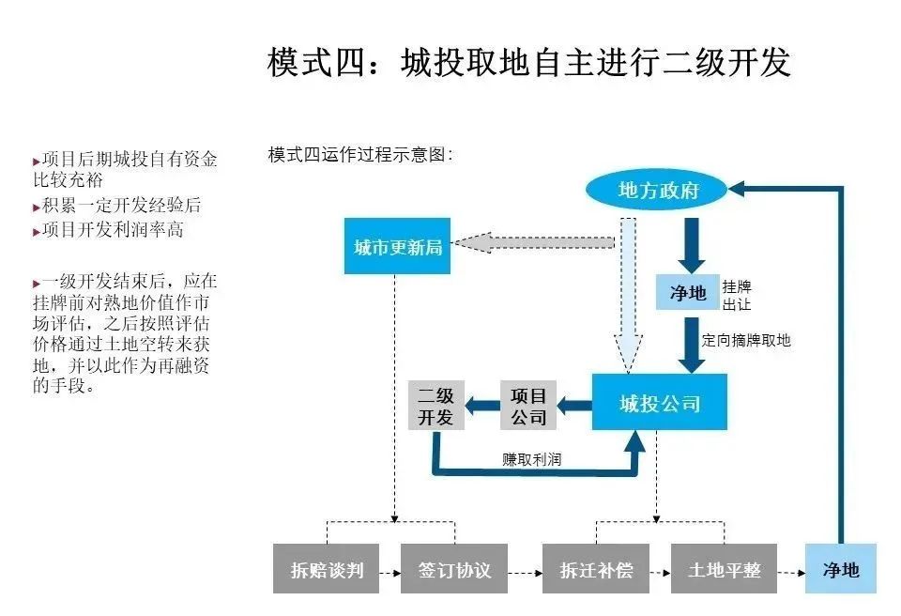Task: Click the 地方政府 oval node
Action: [x=659, y=191]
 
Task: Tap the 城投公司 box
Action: [x=660, y=404]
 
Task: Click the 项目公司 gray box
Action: [x=528, y=406]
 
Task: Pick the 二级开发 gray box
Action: [x=436, y=406]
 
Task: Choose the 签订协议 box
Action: [x=453, y=569]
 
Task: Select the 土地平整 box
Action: [x=724, y=569]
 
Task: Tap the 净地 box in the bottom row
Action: [x=840, y=569]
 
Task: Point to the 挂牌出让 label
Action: [x=737, y=295]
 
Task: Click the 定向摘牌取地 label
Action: [x=746, y=341]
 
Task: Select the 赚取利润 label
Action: [x=532, y=460]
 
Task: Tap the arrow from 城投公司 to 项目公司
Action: [x=574, y=406]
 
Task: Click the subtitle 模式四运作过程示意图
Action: [x=360, y=155]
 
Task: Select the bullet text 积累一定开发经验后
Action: [x=120, y=205]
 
